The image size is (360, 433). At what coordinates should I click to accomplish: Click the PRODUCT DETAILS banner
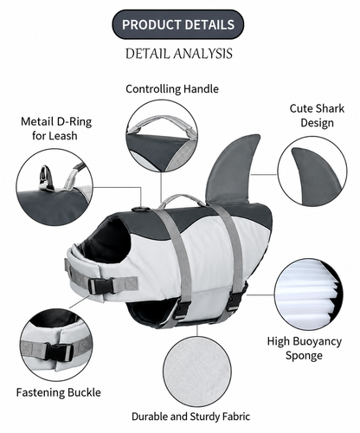pyautogui.click(x=178, y=24)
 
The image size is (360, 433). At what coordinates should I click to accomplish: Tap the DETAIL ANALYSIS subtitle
pyautogui.click(x=179, y=54)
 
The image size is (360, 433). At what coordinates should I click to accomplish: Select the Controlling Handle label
pyautogui.click(x=172, y=89)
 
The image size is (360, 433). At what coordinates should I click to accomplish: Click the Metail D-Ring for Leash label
pyautogui.click(x=56, y=128)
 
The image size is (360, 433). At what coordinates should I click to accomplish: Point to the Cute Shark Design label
pyautogui.click(x=317, y=115)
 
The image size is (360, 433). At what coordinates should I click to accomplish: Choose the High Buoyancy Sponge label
pyautogui.click(x=305, y=348)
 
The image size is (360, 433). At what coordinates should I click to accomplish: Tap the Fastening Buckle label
pyautogui.click(x=59, y=392)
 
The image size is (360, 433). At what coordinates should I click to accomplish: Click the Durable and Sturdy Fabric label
pyautogui.click(x=190, y=417)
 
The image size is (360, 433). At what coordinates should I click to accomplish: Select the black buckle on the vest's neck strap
pyautogui.click(x=101, y=286)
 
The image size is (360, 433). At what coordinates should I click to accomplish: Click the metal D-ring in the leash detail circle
pyautogui.click(x=46, y=178)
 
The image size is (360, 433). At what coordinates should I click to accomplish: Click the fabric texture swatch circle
pyautogui.click(x=197, y=372)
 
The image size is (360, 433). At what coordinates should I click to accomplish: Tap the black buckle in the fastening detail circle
pyautogui.click(x=59, y=352)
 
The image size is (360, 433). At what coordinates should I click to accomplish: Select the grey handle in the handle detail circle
pyautogui.click(x=162, y=124)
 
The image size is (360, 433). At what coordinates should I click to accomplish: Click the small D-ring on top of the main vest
pyautogui.click(x=136, y=209)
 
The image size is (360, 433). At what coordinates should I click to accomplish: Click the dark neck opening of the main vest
pyautogui.click(x=108, y=241)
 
